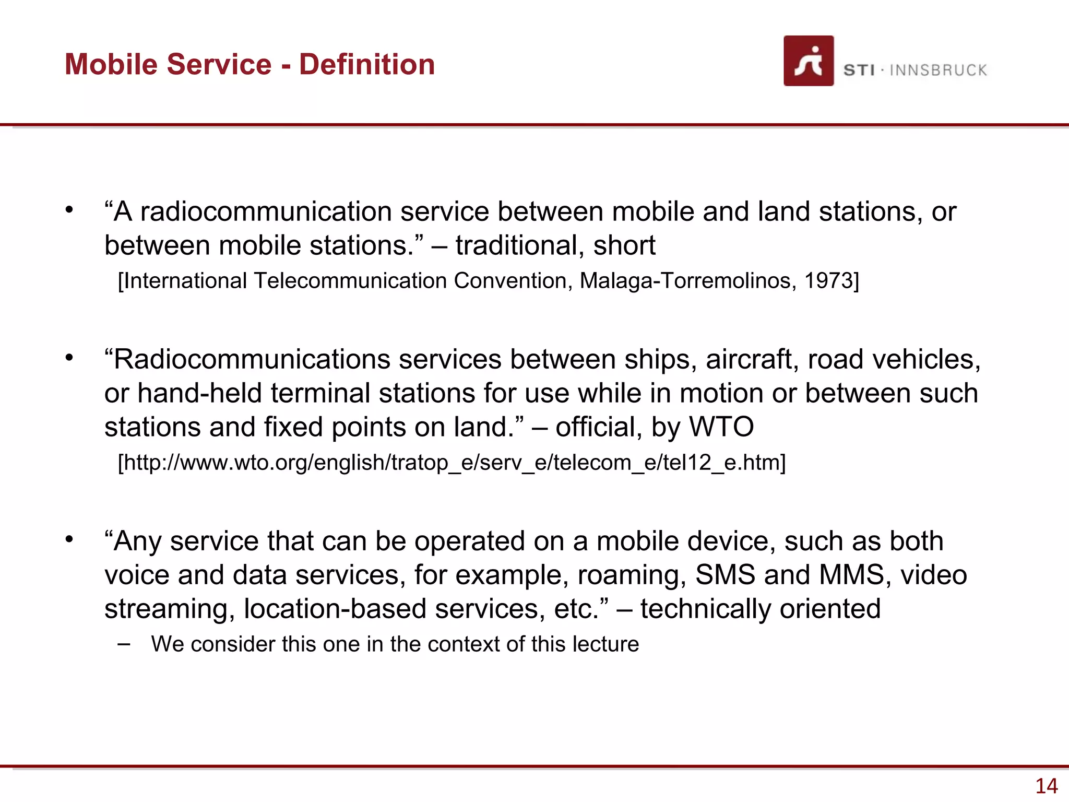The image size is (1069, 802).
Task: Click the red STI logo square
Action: tap(808, 61)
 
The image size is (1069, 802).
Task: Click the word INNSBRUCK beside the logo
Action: tap(938, 70)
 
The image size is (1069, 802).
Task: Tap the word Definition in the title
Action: tap(367, 64)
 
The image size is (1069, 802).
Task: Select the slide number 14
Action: tap(1046, 786)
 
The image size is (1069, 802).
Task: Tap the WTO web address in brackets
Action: tap(452, 463)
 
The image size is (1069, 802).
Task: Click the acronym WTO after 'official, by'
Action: tap(721, 427)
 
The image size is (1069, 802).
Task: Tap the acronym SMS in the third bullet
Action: tap(725, 575)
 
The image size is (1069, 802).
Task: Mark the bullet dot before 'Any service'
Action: tap(69, 539)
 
